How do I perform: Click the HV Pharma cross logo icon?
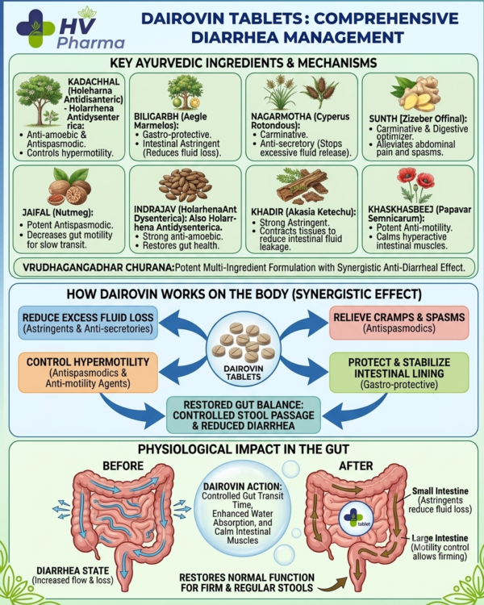pos(35,28)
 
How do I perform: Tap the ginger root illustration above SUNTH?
pos(415,93)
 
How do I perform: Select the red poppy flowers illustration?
pos(415,184)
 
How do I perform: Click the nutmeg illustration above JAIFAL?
pos(69,187)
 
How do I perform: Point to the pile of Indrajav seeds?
pos(186,185)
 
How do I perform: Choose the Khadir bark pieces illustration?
pos(302,186)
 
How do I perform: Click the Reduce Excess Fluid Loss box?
pos(88,323)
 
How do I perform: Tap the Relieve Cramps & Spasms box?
pos(399,323)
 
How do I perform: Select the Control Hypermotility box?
pos(88,373)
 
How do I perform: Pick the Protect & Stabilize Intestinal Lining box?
pos(399,373)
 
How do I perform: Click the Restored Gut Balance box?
pos(244,415)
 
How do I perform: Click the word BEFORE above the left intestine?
pos(123,465)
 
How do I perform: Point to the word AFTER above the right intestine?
pos(356,465)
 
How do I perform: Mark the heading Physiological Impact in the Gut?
pos(244,449)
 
